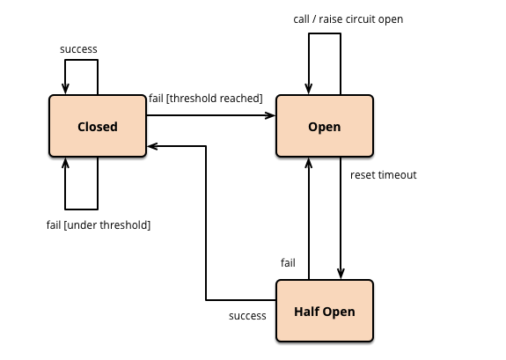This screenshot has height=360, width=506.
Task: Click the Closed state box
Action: (98, 126)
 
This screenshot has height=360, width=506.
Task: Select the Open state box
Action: (325, 126)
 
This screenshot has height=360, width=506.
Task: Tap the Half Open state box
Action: (325, 311)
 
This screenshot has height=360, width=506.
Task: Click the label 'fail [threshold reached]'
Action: (206, 99)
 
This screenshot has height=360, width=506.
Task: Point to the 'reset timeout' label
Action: (384, 175)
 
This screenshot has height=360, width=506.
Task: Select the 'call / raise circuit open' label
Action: (348, 19)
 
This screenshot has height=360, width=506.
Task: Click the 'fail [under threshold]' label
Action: (99, 224)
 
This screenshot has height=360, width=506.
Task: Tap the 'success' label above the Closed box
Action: (78, 49)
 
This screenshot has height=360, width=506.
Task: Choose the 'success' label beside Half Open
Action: (247, 316)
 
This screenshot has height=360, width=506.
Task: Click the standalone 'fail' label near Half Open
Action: (288, 263)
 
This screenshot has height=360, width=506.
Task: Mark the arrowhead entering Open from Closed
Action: (270, 115)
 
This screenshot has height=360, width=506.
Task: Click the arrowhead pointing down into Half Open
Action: (341, 274)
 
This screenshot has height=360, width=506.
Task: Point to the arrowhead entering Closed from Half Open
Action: (152, 146)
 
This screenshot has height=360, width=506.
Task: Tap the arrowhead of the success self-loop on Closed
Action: (65, 89)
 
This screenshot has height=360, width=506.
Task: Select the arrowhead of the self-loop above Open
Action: (309, 89)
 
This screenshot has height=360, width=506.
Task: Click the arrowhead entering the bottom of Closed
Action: (65, 164)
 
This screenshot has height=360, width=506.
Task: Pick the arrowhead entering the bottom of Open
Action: (309, 164)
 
